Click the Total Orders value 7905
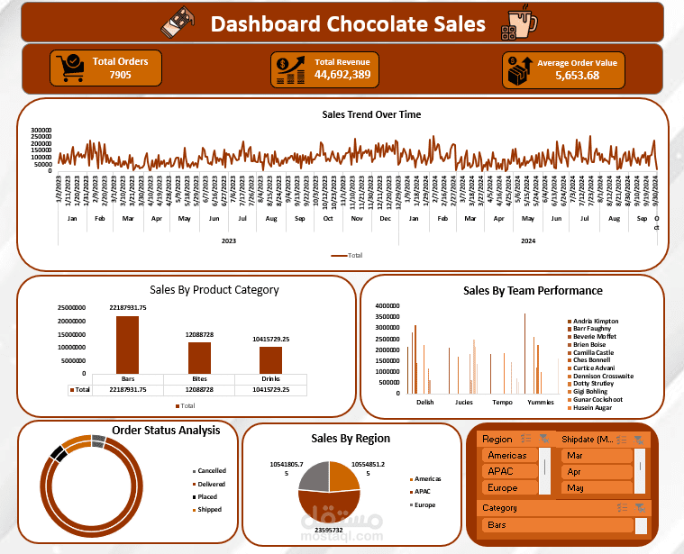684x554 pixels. (120, 76)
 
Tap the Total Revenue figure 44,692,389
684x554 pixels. (342, 75)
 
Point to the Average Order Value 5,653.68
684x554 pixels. (577, 76)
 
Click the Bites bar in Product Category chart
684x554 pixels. (199, 358)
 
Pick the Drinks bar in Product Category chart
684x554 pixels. (271, 359)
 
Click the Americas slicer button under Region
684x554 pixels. (509, 455)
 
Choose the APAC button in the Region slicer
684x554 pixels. (509, 471)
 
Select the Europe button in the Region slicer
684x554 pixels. (509, 487)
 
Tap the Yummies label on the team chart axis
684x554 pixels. (540, 402)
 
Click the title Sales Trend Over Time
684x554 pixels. (370, 114)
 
